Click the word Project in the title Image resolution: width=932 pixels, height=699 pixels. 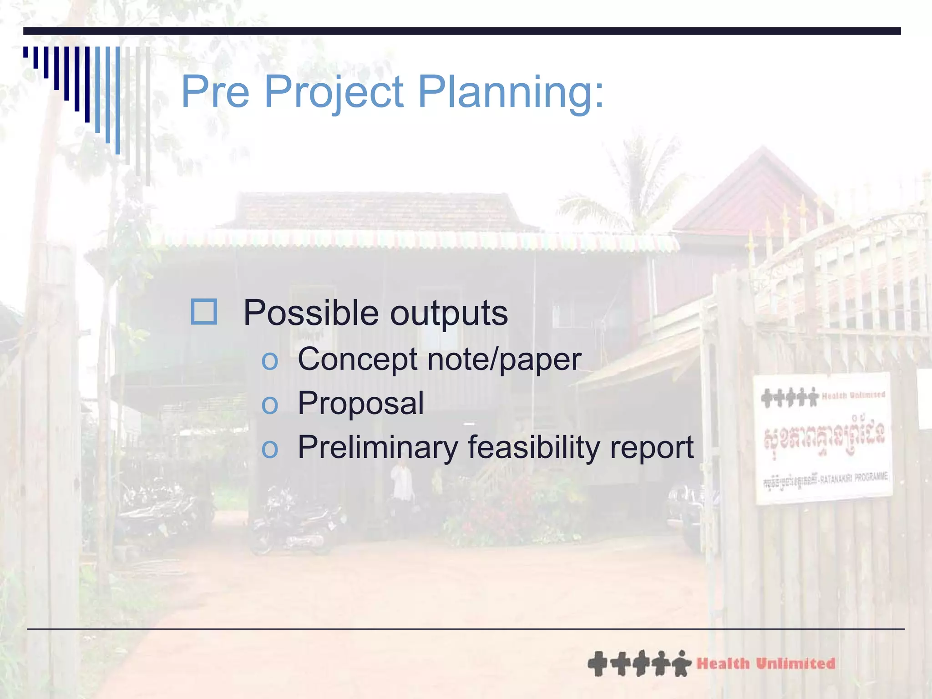click(x=333, y=92)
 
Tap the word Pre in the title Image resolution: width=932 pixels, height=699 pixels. click(x=215, y=92)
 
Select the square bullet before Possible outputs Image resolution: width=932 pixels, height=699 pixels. click(x=203, y=312)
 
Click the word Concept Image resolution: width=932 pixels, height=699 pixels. click(x=357, y=360)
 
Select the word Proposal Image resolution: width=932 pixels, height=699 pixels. click(x=360, y=403)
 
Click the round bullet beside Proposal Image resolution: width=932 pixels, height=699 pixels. click(x=269, y=405)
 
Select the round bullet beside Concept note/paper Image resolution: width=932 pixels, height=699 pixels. click(x=269, y=361)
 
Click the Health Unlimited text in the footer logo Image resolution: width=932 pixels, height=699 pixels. click(x=766, y=664)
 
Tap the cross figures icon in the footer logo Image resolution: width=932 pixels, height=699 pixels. click(x=639, y=664)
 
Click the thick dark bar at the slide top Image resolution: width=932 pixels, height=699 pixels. click(x=461, y=31)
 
